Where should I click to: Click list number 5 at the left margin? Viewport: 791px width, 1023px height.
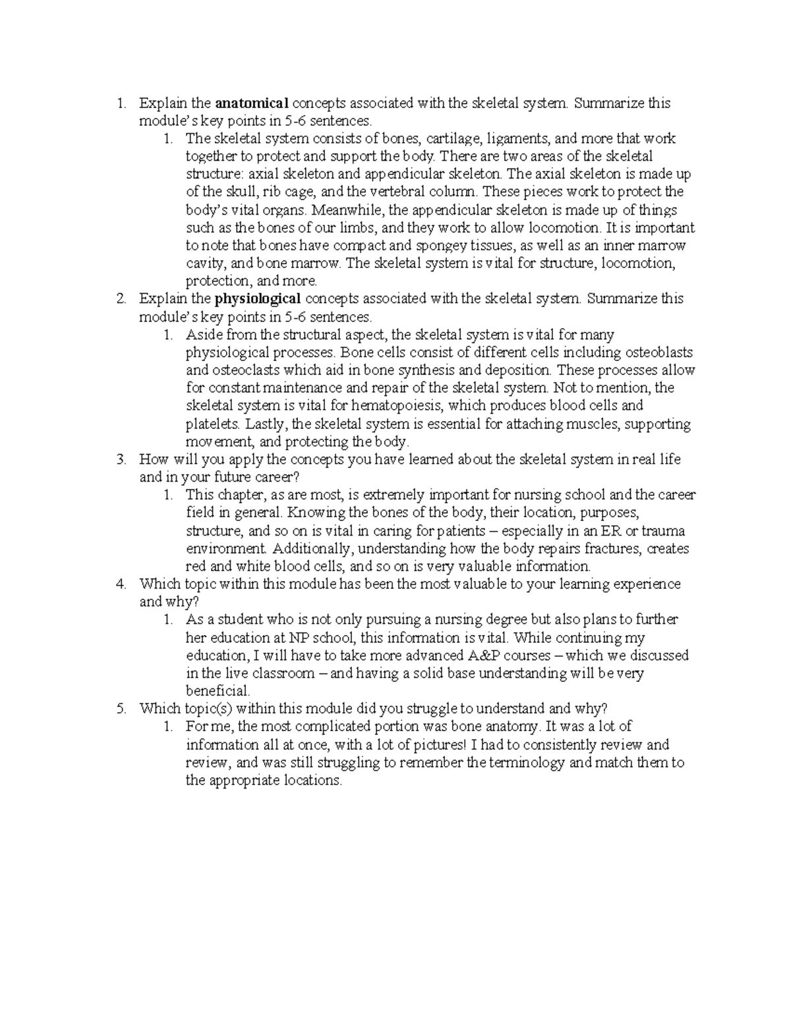[121, 709]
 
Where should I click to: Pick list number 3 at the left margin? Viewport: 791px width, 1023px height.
[121, 460]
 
